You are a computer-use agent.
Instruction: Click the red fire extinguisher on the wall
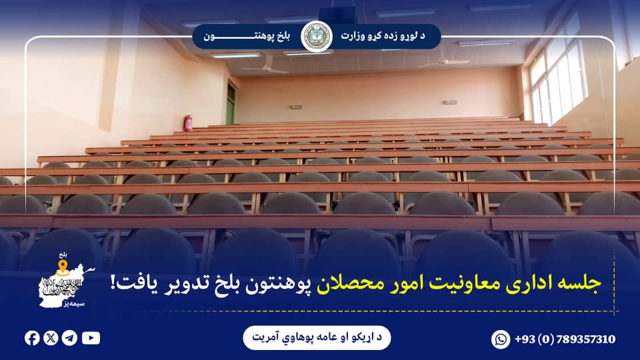click(x=188, y=123)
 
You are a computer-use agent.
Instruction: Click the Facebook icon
click(x=32, y=338)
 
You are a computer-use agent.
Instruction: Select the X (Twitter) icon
click(x=51, y=338)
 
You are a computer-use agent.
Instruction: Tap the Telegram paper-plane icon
click(x=69, y=338)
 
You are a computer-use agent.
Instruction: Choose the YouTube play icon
click(x=91, y=338)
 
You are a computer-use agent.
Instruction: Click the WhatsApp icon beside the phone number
click(x=501, y=339)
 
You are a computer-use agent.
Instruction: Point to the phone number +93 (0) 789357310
click(x=565, y=339)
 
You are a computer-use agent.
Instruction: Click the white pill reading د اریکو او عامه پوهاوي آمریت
click(x=317, y=338)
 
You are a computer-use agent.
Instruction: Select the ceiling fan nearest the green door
click(x=265, y=67)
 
